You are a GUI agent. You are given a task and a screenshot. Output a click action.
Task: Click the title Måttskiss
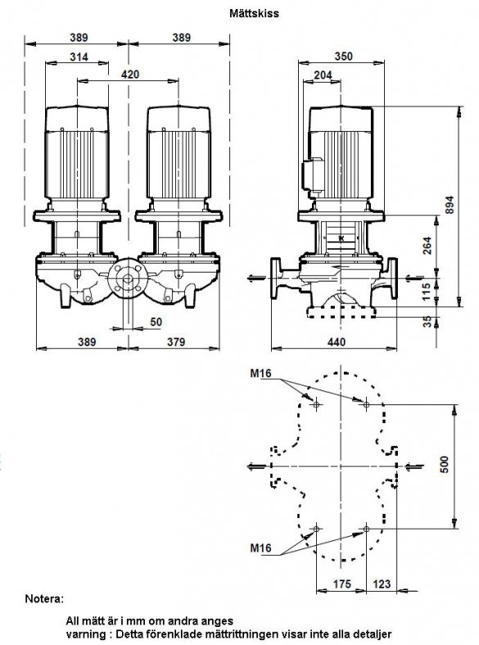254,13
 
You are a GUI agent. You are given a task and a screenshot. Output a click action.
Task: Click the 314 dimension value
79,56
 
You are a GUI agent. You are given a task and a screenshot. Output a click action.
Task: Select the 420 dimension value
130,74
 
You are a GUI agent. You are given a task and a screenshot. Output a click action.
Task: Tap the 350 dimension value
344,56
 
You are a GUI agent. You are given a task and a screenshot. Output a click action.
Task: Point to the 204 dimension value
323,74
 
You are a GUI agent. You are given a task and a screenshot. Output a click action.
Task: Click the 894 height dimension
450,205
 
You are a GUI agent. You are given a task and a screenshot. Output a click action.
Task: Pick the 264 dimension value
428,246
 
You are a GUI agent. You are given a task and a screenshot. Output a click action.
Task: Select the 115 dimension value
427,291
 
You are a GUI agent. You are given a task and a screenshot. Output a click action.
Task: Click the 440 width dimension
337,341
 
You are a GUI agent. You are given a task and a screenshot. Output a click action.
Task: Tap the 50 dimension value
156,322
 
